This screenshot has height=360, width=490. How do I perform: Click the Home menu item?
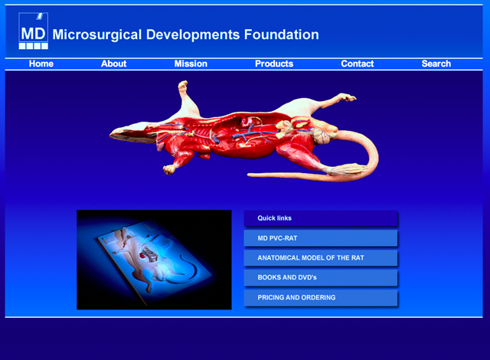pyautogui.click(x=41, y=64)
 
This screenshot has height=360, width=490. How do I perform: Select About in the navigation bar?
pyautogui.click(x=114, y=64)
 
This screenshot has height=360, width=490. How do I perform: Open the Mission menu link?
pyautogui.click(x=191, y=64)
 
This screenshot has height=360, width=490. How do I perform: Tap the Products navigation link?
pyautogui.click(x=274, y=64)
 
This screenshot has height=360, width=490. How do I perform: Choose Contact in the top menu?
pyautogui.click(x=358, y=64)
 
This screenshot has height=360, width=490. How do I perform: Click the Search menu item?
pyautogui.click(x=436, y=64)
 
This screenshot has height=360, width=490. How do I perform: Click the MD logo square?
pyautogui.click(x=34, y=31)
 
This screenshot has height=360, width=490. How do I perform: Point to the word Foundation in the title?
pyautogui.click(x=281, y=34)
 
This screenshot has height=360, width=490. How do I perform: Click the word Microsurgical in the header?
pyautogui.click(x=97, y=35)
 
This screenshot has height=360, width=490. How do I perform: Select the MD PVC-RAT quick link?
pyautogui.click(x=321, y=238)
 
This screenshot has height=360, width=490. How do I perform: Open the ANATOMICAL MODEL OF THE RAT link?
pyautogui.click(x=321, y=258)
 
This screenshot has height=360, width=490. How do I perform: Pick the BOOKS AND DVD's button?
pyautogui.click(x=321, y=278)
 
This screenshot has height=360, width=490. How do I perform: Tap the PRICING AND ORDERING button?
pyautogui.click(x=321, y=298)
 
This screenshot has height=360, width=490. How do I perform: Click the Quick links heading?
pyautogui.click(x=274, y=218)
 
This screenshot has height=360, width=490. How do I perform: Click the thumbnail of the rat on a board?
pyautogui.click(x=154, y=260)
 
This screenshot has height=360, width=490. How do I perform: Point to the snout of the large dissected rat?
pyautogui.click(x=113, y=135)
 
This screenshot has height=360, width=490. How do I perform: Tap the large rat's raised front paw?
pyautogui.click(x=184, y=86)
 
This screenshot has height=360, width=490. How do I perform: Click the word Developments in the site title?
pyautogui.click(x=193, y=35)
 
